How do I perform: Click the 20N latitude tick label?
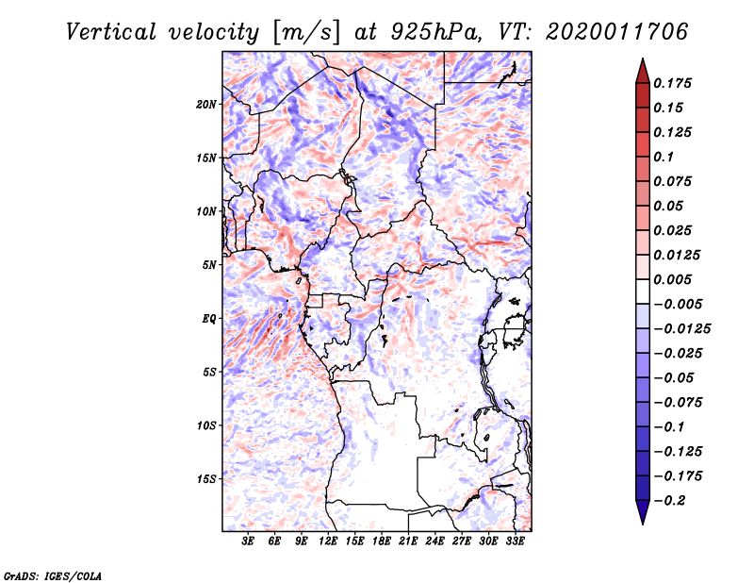[206, 104]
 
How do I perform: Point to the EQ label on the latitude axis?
[209, 318]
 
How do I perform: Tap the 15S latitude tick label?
[206, 478]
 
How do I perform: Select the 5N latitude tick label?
[209, 265]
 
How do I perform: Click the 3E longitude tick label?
[249, 541]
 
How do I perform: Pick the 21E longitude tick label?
[409, 541]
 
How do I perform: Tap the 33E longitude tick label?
[516, 541]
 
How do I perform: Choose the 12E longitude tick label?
[329, 541]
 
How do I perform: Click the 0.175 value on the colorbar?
[674, 83]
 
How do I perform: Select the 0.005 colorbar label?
[674, 279]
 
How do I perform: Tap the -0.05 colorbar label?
[677, 377]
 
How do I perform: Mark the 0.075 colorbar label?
[674, 181]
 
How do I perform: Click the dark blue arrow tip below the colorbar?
[642, 518]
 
